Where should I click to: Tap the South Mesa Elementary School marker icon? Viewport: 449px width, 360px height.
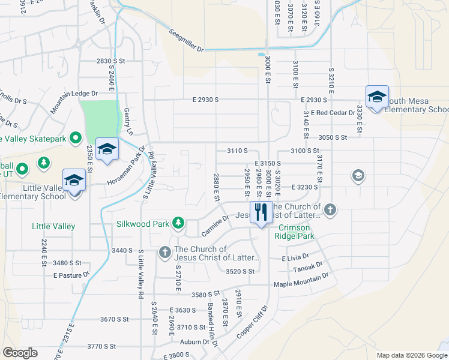[x=376, y=97]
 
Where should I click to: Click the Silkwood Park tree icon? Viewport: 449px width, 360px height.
[x=178, y=223]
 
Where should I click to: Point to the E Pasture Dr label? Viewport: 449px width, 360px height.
[x=71, y=275]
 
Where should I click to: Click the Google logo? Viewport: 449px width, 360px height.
[x=20, y=353]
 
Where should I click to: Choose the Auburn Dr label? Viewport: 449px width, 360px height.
[x=199, y=342]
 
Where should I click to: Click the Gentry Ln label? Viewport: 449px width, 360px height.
[x=127, y=118]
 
